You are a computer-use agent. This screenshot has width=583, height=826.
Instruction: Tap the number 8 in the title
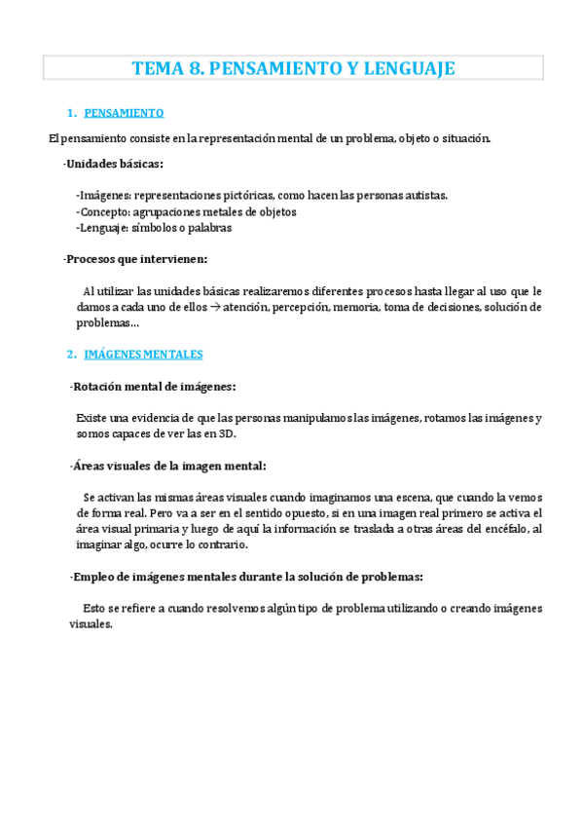pyautogui.click(x=194, y=68)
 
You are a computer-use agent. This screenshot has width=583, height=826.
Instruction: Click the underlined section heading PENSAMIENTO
pyautogui.click(x=125, y=113)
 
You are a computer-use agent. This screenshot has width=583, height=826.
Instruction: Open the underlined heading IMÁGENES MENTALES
pyautogui.click(x=143, y=354)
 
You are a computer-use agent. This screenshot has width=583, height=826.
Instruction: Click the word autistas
pyautogui.click(x=425, y=195)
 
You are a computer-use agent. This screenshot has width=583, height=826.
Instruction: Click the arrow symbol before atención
pyautogui.click(x=215, y=307)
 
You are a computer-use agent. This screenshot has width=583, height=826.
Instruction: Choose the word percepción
pyautogui.click(x=302, y=307)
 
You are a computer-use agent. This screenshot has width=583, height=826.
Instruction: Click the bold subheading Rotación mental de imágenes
pyautogui.click(x=153, y=387)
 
